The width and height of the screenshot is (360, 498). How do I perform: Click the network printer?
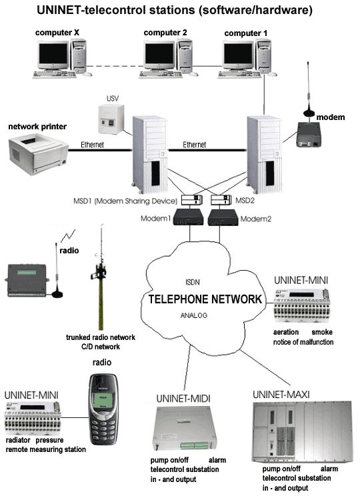38,155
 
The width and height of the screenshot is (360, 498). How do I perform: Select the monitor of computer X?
53,55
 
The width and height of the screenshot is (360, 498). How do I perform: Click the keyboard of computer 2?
161,75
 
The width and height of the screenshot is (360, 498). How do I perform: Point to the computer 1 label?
245,33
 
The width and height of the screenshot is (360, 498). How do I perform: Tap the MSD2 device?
221,200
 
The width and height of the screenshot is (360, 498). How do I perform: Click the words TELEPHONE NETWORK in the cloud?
205,299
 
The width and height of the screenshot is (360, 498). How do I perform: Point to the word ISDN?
193,282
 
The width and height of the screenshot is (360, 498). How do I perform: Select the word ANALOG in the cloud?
194,315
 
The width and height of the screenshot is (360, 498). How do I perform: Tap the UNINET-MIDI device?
185,427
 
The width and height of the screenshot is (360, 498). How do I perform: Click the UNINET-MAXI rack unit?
303,431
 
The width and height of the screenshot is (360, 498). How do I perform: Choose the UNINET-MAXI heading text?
281,395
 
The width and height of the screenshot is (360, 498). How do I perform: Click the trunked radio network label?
101,337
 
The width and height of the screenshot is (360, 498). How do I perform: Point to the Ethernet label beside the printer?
92,145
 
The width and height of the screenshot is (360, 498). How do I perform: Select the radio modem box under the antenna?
309,135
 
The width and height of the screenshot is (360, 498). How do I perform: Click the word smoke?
322,332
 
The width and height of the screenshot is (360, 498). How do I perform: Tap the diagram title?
175,10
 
